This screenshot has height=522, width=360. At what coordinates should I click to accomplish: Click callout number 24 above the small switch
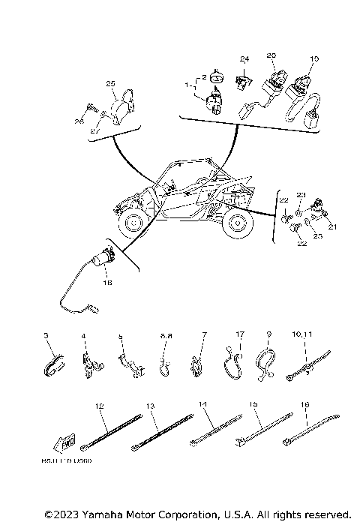(x=244, y=58)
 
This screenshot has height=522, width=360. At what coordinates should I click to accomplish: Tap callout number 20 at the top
(x=271, y=55)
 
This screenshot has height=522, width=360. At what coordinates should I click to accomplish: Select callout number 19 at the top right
(x=314, y=58)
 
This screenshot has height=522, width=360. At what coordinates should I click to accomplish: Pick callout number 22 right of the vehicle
(x=284, y=201)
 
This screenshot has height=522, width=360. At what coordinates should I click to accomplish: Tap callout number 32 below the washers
(x=301, y=244)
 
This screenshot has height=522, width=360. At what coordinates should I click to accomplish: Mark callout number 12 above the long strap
(x=99, y=406)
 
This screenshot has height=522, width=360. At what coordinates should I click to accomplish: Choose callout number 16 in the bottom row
(x=304, y=404)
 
